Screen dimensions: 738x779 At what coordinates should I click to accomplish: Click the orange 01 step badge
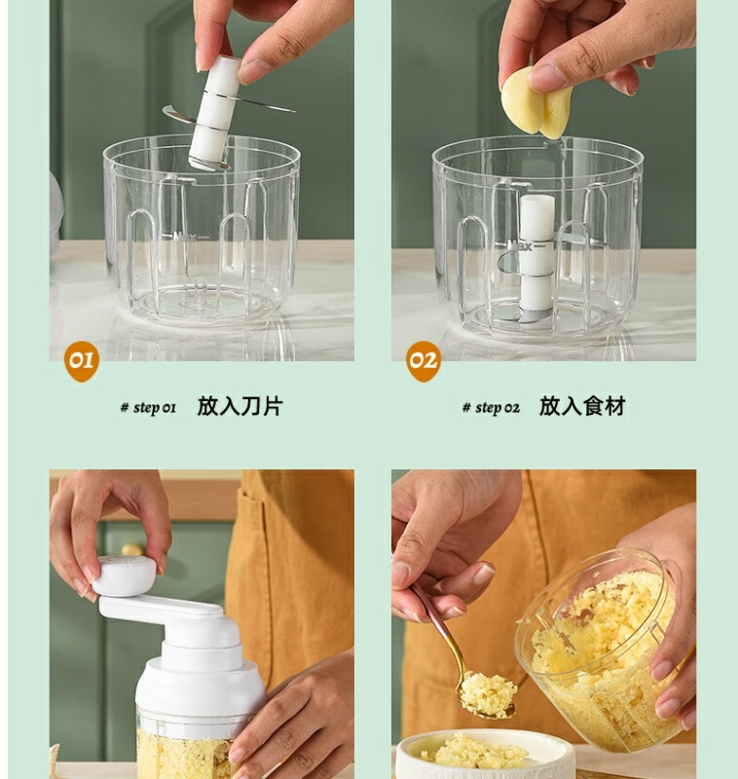tap(82, 360)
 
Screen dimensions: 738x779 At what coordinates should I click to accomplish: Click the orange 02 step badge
tap(424, 360)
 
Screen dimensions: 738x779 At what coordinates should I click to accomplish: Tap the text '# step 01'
tap(148, 408)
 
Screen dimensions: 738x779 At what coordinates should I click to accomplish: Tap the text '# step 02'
tap(491, 408)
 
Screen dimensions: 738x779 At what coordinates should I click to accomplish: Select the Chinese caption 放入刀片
tap(240, 406)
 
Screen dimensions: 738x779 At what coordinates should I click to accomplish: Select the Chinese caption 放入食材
tap(582, 406)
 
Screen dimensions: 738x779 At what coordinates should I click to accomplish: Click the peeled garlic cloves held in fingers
tap(535, 104)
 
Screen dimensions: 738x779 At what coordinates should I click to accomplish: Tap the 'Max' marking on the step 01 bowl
tap(185, 237)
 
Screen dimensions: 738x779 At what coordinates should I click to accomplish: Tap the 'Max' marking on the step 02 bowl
tap(520, 245)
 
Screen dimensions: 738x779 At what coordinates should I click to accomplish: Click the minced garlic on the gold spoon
tap(488, 694)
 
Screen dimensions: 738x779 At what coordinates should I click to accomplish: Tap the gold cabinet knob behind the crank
tap(132, 549)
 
